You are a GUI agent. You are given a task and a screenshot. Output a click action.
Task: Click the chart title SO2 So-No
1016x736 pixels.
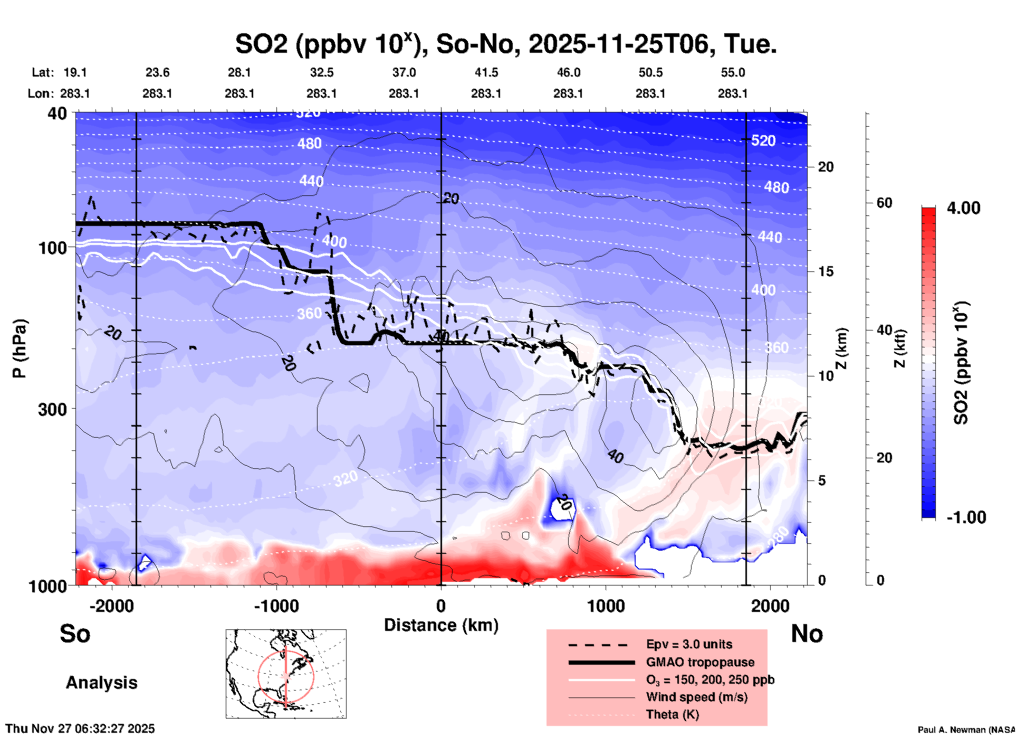(505, 44)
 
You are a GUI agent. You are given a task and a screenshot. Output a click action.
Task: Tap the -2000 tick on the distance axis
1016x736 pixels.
(112, 606)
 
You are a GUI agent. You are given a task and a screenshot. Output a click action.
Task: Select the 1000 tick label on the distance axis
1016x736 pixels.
(606, 606)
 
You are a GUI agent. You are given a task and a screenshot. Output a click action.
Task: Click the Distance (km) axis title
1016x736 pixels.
(441, 625)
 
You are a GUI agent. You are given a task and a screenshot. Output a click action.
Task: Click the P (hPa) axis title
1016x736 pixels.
(20, 348)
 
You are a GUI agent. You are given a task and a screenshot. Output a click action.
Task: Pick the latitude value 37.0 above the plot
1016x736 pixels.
(404, 72)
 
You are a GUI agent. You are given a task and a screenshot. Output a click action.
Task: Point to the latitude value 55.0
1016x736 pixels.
(733, 72)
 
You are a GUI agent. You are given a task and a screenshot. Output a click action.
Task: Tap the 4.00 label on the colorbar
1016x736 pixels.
(963, 208)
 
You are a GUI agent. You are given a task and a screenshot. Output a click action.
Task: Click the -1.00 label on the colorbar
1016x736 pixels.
(965, 517)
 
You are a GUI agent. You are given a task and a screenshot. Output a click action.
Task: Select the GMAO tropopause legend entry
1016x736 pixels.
(700, 662)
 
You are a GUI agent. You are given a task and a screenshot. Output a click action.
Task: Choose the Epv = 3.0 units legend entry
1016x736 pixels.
(689, 645)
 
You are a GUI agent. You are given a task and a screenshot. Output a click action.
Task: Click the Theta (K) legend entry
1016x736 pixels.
(672, 714)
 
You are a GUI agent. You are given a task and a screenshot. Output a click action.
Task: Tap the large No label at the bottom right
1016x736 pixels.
(807, 634)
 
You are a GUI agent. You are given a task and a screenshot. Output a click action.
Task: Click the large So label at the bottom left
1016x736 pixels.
(75, 634)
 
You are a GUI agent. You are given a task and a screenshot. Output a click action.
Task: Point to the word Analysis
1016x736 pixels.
(101, 683)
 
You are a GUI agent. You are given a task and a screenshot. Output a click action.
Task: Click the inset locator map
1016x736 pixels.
(286, 673)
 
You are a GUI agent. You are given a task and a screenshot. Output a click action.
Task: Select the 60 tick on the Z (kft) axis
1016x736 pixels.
(884, 203)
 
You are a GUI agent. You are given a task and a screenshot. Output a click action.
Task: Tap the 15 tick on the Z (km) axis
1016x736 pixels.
(826, 271)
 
